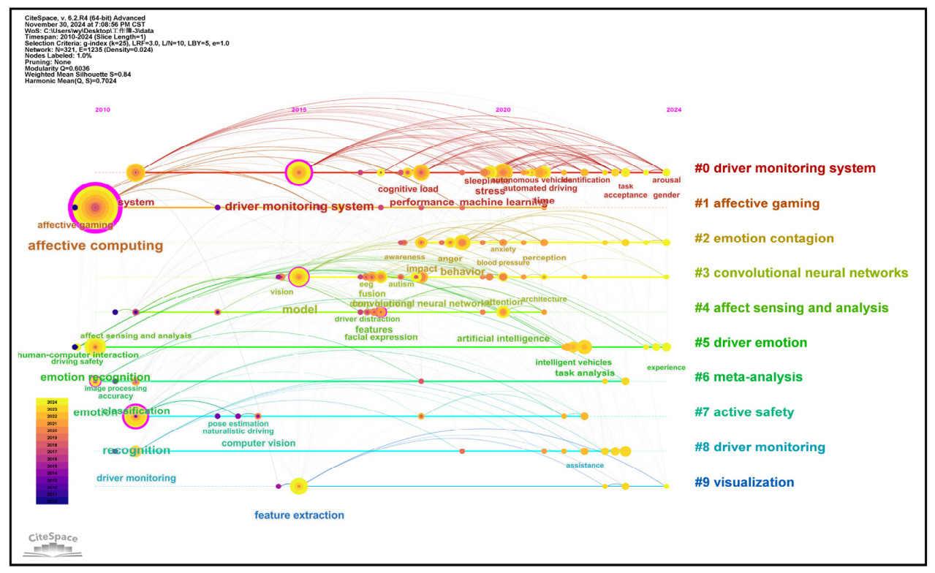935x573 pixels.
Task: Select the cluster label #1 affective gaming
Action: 757,203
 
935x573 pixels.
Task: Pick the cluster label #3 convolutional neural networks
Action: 801,273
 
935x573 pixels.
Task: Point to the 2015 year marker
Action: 299,110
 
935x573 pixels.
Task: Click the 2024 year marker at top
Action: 673,110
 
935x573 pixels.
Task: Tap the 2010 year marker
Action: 102,110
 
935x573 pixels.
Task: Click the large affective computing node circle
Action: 95,208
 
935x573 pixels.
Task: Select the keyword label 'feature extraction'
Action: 299,515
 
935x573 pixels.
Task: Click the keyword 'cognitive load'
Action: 408,189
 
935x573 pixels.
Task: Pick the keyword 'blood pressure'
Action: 503,262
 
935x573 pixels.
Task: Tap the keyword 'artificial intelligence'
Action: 503,338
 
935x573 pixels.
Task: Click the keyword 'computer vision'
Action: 259,443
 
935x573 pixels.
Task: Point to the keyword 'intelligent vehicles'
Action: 573,362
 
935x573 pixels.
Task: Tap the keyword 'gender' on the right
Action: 665,195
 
